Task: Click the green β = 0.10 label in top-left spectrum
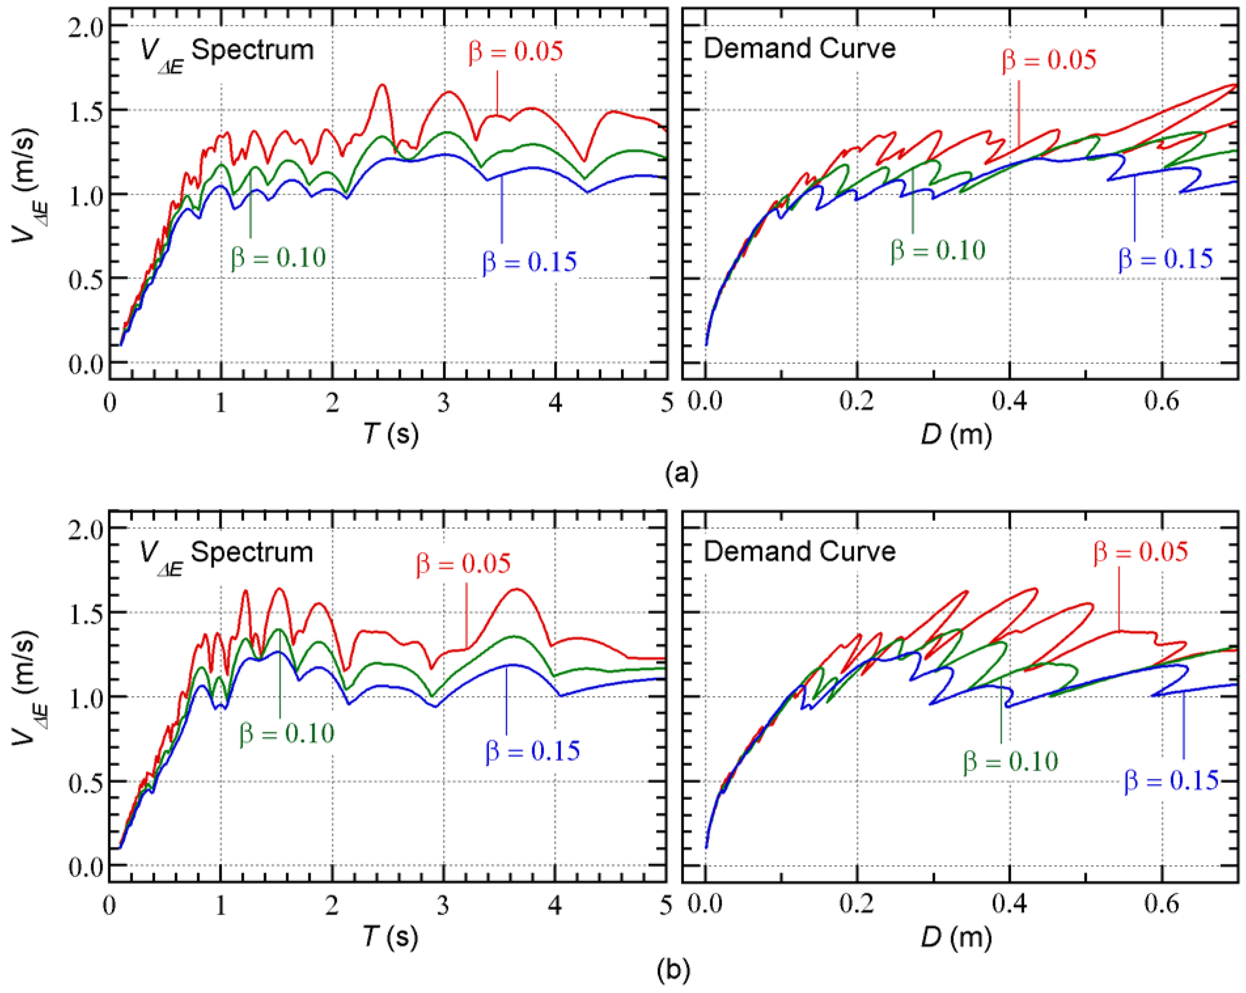tap(279, 257)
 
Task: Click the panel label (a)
tap(681, 473)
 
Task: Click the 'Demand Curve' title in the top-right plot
tap(799, 49)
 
